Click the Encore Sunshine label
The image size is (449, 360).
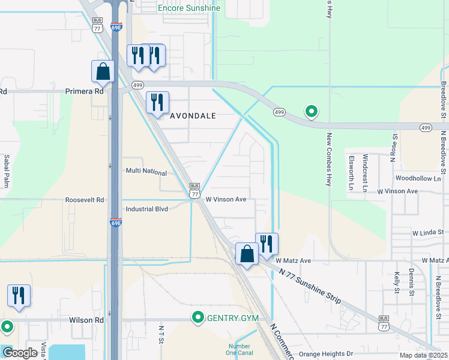188,8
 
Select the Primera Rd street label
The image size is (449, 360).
84,91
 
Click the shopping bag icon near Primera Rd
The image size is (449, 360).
103,71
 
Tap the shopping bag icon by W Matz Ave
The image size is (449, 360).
247,254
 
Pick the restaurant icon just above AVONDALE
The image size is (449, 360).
158,102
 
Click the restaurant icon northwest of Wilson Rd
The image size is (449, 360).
19,296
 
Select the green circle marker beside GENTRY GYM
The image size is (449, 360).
197,317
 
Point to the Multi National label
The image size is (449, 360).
146,172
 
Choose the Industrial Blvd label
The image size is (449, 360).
147,209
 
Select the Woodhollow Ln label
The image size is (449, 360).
419,179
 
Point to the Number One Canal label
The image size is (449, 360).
238,350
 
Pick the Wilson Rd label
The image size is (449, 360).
86,320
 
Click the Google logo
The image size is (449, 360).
20,353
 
